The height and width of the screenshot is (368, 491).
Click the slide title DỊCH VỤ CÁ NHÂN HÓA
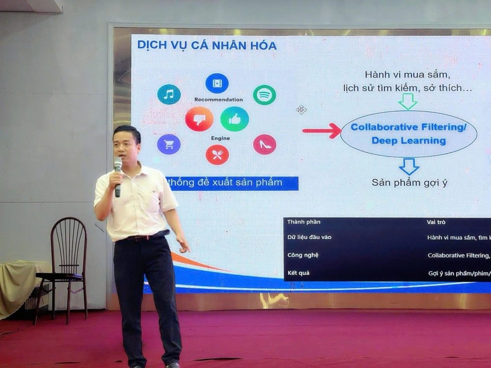pos(207,46)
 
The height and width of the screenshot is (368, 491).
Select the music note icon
pos(169,94)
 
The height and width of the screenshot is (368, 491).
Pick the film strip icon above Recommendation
pos(217,83)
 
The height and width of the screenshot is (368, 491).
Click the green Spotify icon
pos(264,95)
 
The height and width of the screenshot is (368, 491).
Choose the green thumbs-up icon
pos(234,119)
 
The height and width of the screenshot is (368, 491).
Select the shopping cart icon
pos(169,144)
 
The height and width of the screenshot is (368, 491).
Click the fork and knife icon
pos(217,155)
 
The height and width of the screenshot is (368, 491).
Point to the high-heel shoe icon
pos(265,144)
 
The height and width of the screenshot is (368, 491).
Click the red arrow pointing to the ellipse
pos(321,131)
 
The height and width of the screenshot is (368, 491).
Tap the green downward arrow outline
pos(408,102)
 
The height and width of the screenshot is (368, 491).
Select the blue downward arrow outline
pos(409,166)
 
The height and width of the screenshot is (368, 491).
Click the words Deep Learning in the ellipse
pos(409,141)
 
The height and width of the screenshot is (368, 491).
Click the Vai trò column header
pos(436,222)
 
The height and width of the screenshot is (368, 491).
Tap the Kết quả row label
pos(299,273)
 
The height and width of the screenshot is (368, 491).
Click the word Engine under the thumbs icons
pos(220,138)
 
